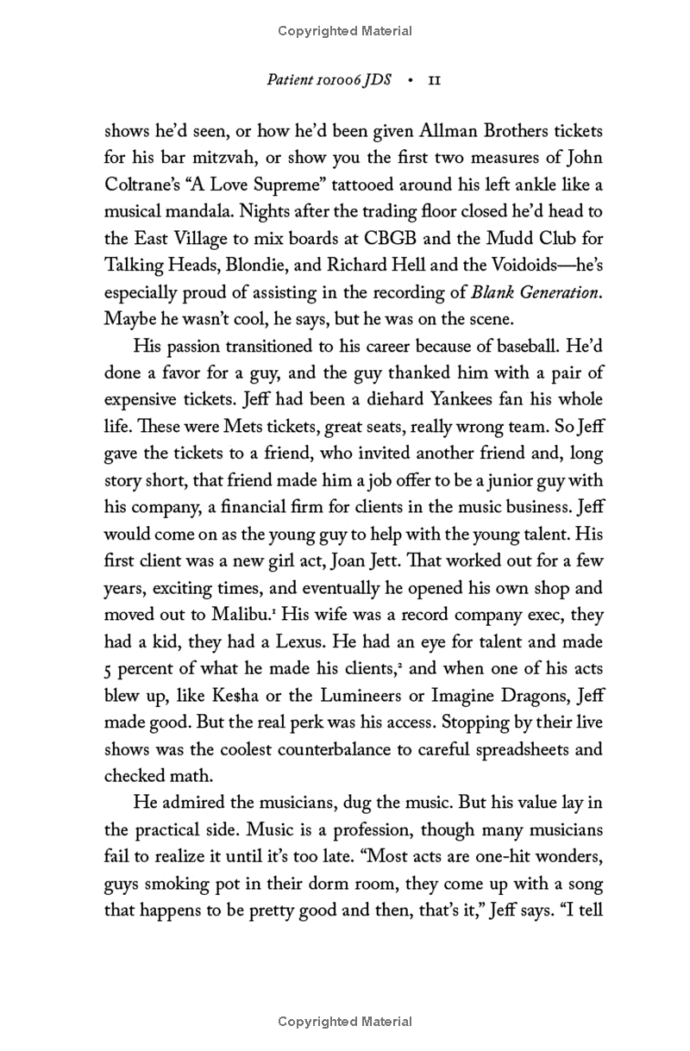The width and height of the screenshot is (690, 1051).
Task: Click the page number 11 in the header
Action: coord(435,81)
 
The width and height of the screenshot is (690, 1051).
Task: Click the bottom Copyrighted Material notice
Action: coord(345,1022)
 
